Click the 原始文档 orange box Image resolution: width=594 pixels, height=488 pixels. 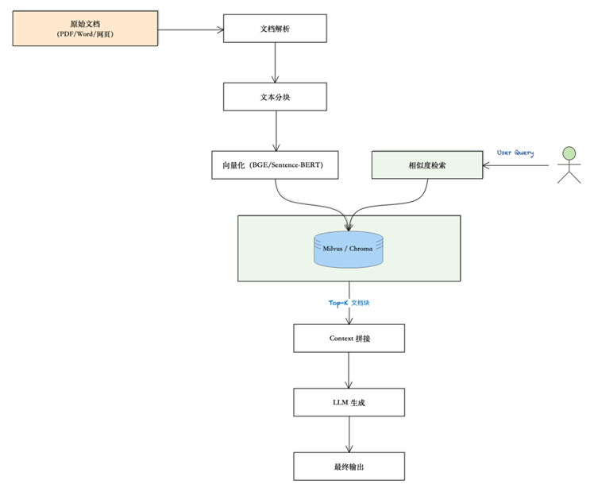tap(85, 29)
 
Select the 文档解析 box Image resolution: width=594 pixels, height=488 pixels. tap(275, 29)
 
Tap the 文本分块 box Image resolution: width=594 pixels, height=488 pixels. tap(275, 96)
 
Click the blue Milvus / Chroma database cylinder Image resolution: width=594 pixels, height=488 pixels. tap(349, 248)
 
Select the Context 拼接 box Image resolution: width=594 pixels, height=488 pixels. tap(349, 338)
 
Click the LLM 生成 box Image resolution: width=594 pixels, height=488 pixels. tap(349, 403)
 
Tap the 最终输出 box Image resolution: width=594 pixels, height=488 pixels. tap(349, 466)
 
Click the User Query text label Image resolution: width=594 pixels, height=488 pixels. tap(515, 153)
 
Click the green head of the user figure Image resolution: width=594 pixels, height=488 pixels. tap(569, 152)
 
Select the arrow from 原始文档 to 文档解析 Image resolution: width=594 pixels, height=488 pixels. tap(191, 30)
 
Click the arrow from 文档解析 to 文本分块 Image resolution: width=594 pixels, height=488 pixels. tap(275, 62)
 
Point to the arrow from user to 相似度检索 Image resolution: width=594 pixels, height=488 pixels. tap(516, 165)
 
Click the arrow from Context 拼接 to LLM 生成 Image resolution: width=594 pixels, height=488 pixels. tap(349, 370)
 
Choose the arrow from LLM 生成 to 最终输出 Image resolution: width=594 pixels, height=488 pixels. tap(349, 434)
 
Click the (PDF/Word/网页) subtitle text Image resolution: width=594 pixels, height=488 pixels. tap(85, 35)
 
